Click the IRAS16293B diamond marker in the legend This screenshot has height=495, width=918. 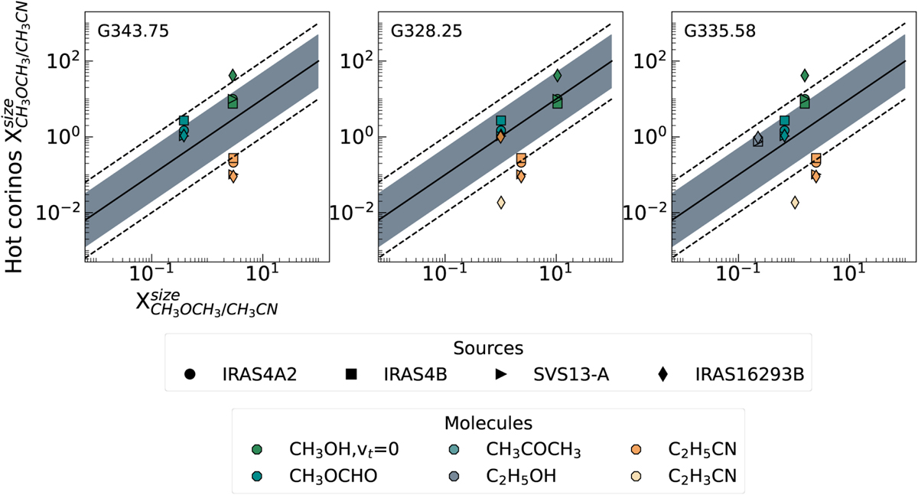pos(662,374)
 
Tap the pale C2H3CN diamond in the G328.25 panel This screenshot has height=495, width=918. pos(501,203)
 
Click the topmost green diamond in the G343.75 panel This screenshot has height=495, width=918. pos(233,75)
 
